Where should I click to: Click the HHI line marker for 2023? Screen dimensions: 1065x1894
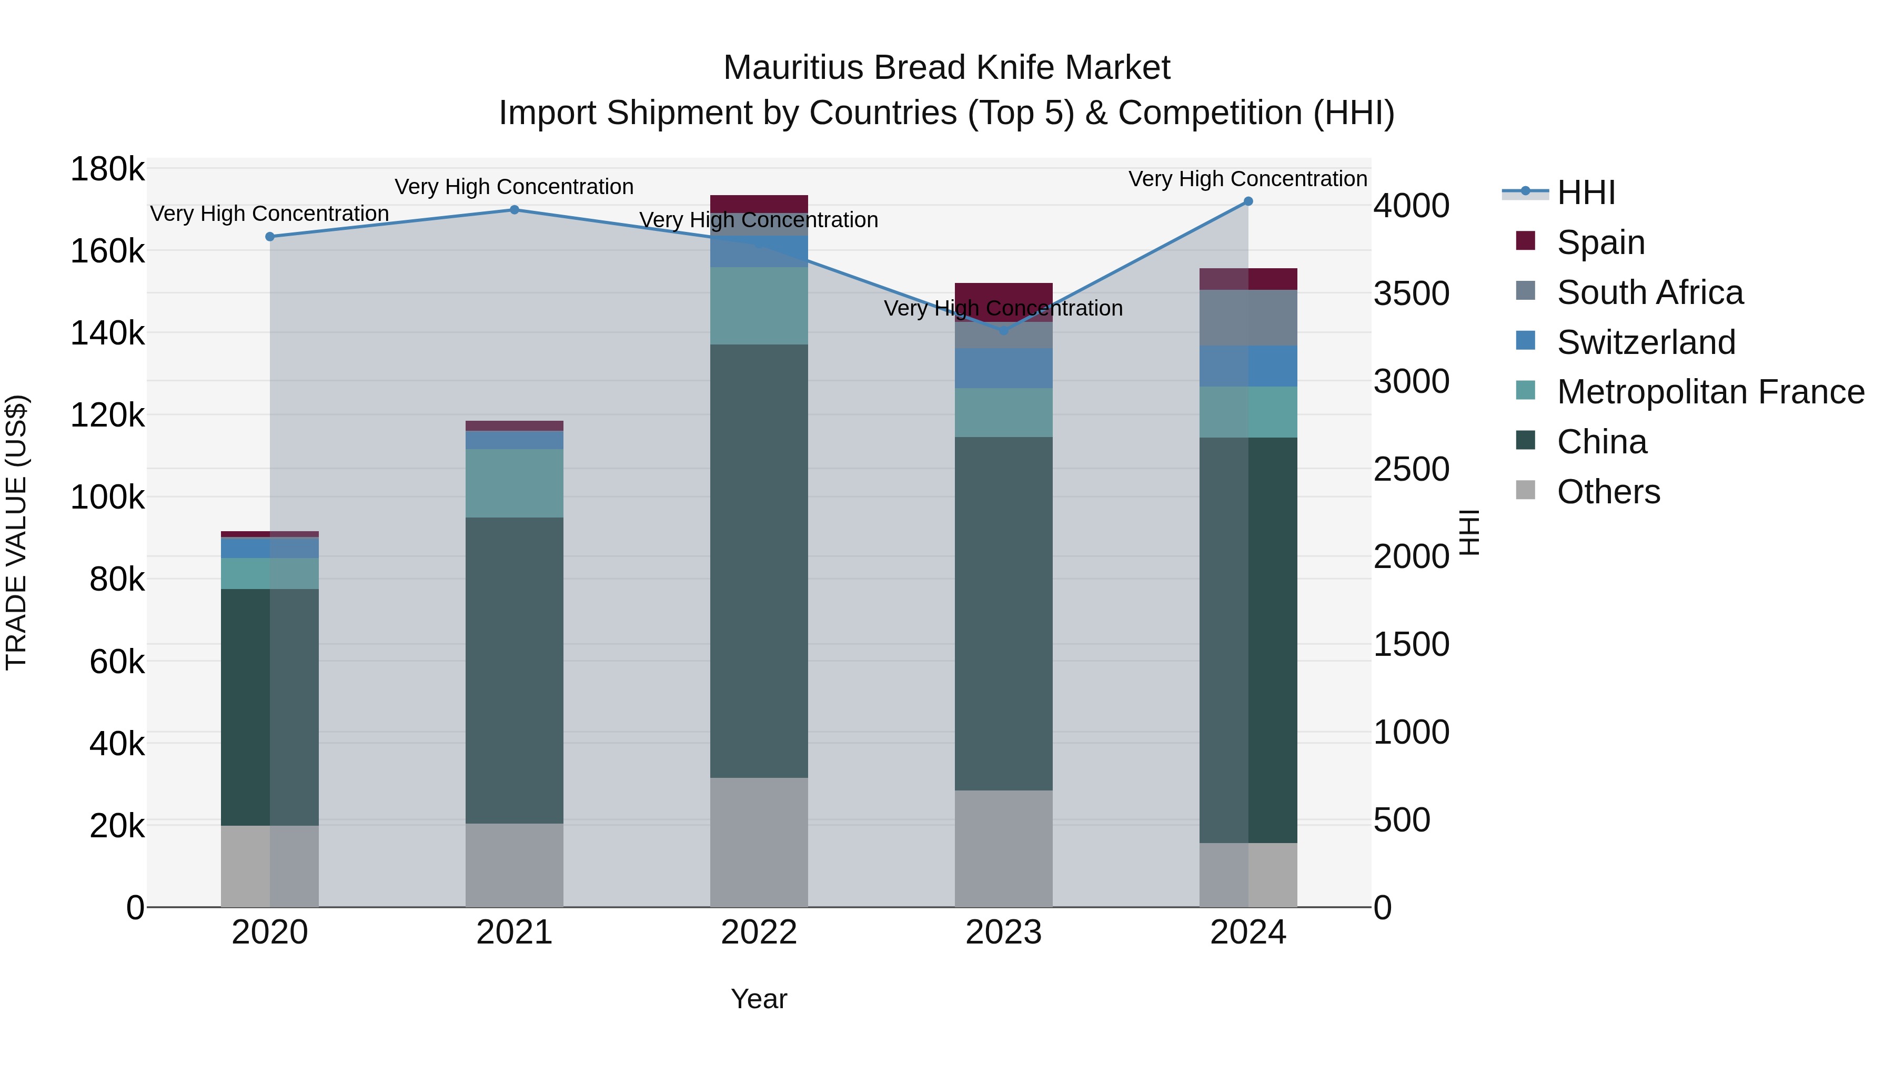[x=1004, y=330]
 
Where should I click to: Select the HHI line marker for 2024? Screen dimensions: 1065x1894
[x=1248, y=201]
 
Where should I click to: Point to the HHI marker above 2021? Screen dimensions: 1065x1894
[x=515, y=210]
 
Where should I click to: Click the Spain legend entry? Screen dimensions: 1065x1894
[x=1600, y=242]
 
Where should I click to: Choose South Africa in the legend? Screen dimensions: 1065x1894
[x=1649, y=292]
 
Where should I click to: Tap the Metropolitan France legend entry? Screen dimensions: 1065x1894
[x=1709, y=392]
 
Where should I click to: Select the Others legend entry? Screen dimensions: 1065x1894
[x=1608, y=492]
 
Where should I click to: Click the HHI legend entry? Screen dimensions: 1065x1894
[x=1586, y=192]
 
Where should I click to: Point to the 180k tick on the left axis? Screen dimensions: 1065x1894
[x=107, y=170]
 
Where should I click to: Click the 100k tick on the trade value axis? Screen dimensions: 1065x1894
[x=107, y=498]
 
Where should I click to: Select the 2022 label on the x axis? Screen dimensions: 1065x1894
[x=759, y=932]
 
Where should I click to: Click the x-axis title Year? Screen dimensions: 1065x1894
[x=759, y=999]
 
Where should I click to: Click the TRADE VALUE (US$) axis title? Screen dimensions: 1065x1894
[x=16, y=532]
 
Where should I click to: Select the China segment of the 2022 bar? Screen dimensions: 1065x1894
[x=759, y=560]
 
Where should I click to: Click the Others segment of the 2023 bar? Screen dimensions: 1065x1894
[x=1004, y=848]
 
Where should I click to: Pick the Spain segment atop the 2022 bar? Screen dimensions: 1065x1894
[x=759, y=204]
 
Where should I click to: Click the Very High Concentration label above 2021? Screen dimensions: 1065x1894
[x=514, y=187]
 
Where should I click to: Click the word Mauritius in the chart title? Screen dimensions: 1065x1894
[x=793, y=68]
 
